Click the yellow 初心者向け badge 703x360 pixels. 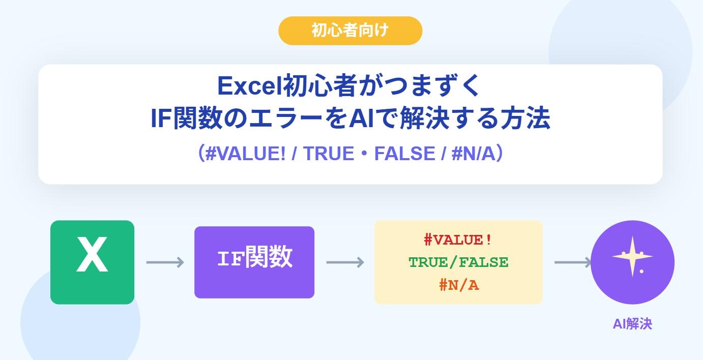[350, 31]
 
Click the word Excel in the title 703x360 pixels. [250, 85]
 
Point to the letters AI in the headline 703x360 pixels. [362, 118]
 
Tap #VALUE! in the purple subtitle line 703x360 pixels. [245, 154]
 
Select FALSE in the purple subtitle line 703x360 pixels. [405, 154]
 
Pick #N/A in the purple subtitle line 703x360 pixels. [473, 154]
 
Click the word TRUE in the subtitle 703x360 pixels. [329, 154]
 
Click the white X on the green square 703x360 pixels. [92, 254]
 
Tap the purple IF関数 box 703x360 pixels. [254, 262]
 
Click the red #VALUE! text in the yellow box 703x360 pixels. [458, 240]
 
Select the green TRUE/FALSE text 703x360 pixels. [458, 262]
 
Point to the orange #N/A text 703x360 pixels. [459, 285]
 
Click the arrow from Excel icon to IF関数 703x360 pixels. [165, 262]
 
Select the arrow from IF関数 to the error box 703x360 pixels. [345, 262]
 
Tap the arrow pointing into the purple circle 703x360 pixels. [573, 262]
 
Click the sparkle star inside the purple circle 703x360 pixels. [632, 256]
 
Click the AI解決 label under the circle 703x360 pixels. [632, 323]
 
